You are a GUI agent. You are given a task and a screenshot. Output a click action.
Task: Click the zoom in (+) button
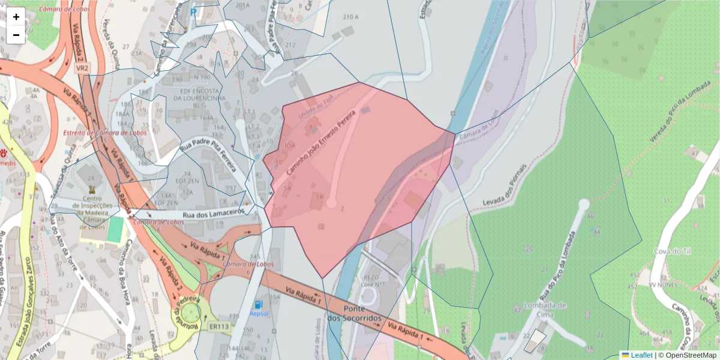(x=16, y=17)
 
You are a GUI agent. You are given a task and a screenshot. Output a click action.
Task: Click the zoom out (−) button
(x=16, y=35)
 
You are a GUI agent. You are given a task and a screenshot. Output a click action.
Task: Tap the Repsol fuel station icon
(x=259, y=305)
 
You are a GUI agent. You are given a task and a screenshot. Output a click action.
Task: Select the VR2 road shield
(x=82, y=69)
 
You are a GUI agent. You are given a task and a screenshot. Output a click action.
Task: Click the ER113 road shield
(x=220, y=327)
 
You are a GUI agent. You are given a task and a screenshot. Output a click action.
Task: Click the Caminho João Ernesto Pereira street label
(x=321, y=142)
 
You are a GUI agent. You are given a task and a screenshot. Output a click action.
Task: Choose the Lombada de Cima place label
(x=544, y=310)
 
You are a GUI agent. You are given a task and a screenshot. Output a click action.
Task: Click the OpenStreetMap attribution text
(x=687, y=355)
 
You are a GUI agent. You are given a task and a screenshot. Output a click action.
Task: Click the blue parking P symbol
(x=193, y=11)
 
